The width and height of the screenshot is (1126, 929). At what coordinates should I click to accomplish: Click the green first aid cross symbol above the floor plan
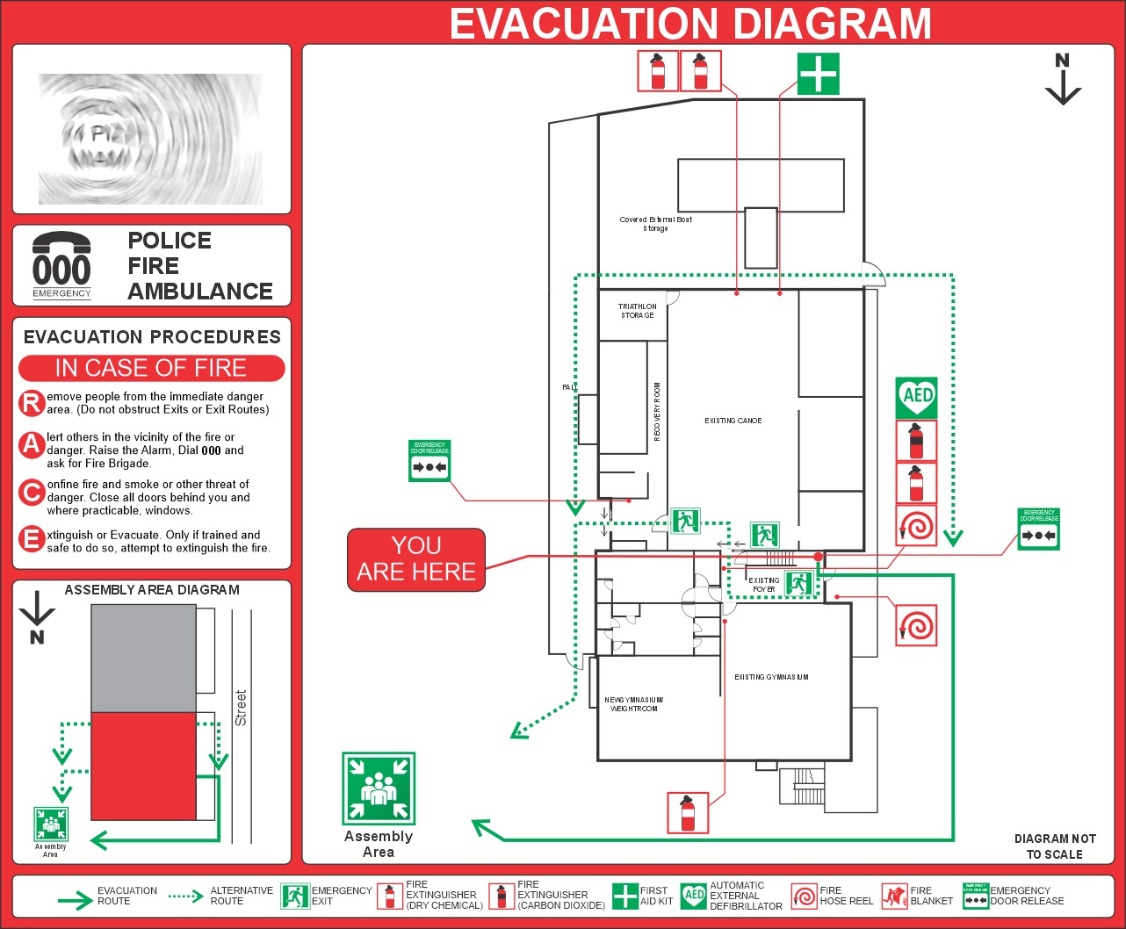[x=818, y=74]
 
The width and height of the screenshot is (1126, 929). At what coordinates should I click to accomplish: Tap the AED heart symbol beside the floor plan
[x=916, y=398]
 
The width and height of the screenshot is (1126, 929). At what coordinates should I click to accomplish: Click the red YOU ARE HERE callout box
[x=416, y=559]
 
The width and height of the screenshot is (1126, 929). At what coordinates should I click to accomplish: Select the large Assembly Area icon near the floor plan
[x=379, y=788]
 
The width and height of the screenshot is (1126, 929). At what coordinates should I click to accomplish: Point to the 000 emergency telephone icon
[x=61, y=264]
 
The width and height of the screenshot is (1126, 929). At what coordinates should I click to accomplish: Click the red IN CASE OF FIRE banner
[x=151, y=368]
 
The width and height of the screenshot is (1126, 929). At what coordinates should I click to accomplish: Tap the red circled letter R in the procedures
[x=32, y=403]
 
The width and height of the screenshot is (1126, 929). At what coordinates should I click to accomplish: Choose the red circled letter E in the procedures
[x=32, y=540]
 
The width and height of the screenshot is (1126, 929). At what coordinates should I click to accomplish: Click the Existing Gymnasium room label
[x=771, y=677]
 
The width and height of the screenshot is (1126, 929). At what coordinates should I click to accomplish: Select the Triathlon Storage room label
[x=637, y=311]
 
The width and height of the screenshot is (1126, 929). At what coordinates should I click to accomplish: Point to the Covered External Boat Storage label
[x=655, y=224]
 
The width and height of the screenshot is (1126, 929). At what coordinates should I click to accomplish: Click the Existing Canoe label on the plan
[x=733, y=421]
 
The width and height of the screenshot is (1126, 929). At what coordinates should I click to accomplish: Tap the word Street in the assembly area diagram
[x=242, y=707]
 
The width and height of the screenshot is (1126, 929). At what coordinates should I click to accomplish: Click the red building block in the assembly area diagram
[x=143, y=766]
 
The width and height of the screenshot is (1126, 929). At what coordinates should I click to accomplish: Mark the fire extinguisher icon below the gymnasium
[x=688, y=812]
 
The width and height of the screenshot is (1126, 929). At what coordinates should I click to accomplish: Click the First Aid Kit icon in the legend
[x=624, y=896]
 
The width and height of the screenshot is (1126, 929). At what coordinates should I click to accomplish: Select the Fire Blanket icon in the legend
[x=894, y=896]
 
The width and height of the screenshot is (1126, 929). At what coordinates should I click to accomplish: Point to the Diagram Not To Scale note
[x=1054, y=846]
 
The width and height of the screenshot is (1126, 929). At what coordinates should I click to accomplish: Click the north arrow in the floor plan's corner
[x=1063, y=80]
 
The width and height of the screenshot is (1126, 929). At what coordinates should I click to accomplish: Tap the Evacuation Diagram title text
[x=690, y=24]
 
